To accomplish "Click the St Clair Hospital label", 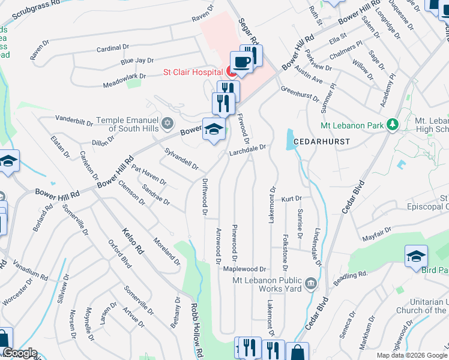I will pyautogui.click(x=193, y=72).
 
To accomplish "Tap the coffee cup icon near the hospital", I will pyautogui.click(x=241, y=62).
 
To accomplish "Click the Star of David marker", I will pyautogui.click(x=169, y=124).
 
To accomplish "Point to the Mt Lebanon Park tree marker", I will pyautogui.click(x=393, y=124).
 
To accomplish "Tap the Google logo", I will pyautogui.click(x=19, y=353).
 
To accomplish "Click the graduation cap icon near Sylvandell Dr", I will pyautogui.click(x=214, y=130).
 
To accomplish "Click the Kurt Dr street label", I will pyautogui.click(x=291, y=198).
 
